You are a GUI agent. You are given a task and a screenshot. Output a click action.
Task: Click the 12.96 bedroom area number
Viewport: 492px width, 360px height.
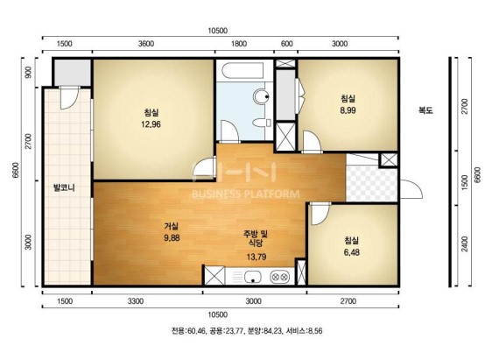click(151, 124)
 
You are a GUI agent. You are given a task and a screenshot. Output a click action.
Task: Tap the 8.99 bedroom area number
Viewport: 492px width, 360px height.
click(348, 110)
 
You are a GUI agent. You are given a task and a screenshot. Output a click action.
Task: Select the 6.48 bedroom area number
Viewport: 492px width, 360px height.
click(351, 252)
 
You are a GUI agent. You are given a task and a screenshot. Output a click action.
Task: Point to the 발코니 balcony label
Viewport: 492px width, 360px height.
click(64, 188)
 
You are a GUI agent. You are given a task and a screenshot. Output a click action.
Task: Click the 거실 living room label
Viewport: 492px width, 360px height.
click(172, 226)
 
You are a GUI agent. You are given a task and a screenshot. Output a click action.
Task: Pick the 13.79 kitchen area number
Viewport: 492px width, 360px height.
click(257, 257)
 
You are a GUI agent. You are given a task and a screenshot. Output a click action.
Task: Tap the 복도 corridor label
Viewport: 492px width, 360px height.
click(425, 110)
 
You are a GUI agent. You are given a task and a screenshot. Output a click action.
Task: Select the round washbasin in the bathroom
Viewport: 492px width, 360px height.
click(261, 96)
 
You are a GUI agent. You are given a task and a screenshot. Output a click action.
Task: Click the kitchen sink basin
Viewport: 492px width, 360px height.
click(253, 277)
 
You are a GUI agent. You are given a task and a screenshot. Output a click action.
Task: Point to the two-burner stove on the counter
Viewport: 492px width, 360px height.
click(279, 277)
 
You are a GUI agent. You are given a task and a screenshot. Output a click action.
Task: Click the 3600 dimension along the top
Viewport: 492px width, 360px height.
click(146, 44)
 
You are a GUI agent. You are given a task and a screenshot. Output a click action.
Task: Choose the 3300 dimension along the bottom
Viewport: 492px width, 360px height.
click(136, 301)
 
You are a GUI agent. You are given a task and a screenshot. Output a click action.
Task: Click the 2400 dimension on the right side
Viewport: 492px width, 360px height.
click(465, 244)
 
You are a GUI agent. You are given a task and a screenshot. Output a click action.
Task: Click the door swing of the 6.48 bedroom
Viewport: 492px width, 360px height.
click(320, 215)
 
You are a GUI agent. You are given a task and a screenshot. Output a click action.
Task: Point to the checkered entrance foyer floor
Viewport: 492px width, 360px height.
click(371, 183)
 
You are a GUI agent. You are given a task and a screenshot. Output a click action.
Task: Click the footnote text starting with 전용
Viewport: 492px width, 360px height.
click(247, 331)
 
